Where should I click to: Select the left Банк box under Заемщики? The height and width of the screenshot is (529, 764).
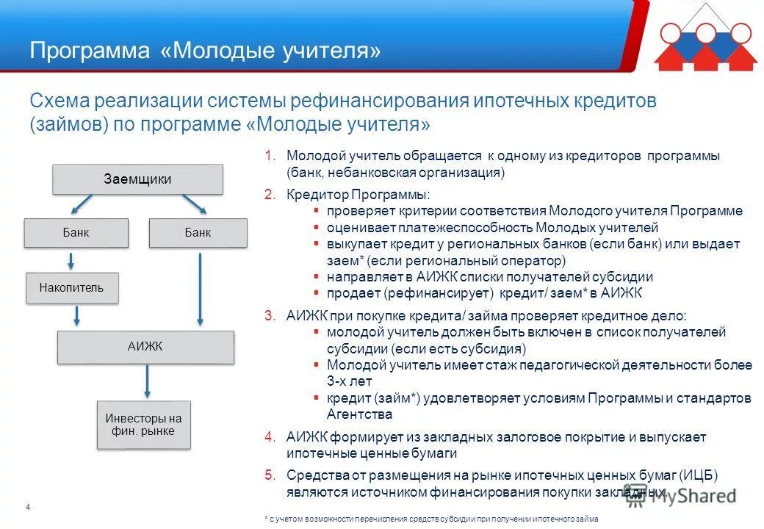pos(76,233)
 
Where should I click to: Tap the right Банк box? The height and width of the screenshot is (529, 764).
pos(198,233)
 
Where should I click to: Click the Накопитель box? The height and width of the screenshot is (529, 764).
pos(71,288)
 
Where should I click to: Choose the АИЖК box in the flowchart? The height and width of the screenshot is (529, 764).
pos(145,347)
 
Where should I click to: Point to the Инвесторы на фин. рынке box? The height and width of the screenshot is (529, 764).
pos(144,425)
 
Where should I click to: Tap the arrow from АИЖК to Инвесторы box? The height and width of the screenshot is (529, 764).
pos(147,381)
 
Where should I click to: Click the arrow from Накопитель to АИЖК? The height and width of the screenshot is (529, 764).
pos(76,317)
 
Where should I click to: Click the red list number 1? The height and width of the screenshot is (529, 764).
pos(270,156)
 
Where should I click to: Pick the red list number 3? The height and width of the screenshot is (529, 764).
pos(270,316)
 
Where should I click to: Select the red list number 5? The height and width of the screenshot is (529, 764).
pos(270,475)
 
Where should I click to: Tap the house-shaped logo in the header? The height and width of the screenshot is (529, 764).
pos(705,44)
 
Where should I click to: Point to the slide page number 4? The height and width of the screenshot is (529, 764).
pos(27,508)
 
